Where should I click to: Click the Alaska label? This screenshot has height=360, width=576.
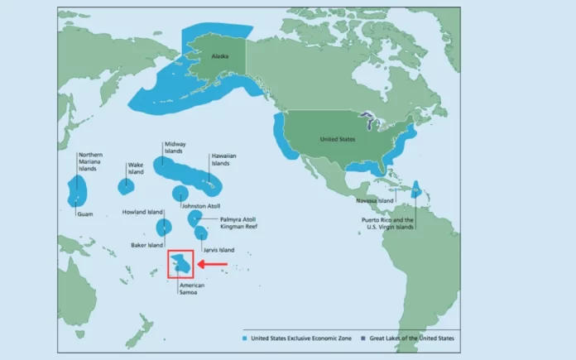219,56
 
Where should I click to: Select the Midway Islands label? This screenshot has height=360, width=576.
175,147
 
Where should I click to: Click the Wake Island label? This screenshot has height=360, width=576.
135,169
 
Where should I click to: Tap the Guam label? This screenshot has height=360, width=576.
84,214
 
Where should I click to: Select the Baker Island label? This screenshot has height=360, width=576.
146,245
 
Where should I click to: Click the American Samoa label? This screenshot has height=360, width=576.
191,289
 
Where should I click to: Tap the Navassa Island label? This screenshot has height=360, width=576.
374,200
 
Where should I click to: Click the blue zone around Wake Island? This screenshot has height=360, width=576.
126,186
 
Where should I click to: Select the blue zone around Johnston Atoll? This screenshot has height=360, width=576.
180,194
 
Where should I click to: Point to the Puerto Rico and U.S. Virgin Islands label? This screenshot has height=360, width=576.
386,223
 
